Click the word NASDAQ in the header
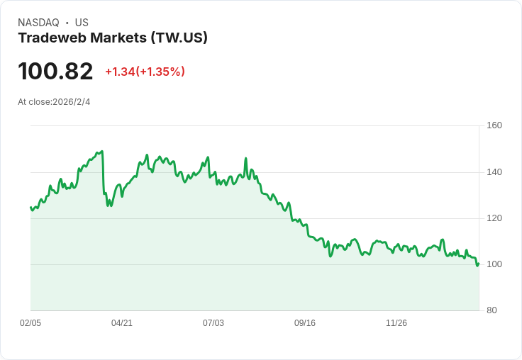[38, 23]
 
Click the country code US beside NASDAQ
[82, 23]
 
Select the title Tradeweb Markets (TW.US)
[113, 38]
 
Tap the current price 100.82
[55, 72]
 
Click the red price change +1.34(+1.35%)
[145, 72]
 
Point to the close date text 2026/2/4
[71, 102]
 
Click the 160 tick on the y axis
[494, 125]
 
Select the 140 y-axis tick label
[494, 171]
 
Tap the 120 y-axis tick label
[494, 218]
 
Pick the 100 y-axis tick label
[494, 264]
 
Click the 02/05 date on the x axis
[30, 323]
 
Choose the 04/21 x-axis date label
[122, 323]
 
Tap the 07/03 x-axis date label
[213, 323]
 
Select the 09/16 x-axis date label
[305, 323]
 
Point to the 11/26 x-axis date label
[396, 323]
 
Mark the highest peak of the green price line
[103, 151]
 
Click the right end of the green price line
[479, 264]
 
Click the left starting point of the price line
[30, 207]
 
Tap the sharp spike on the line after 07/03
[245, 158]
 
